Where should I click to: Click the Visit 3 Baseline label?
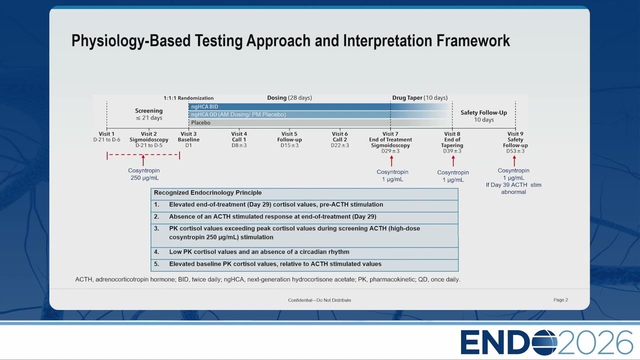click(x=188, y=139)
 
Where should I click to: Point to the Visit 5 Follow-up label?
click(x=289, y=139)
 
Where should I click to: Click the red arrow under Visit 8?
click(x=453, y=161)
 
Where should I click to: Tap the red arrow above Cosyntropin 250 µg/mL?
click(x=143, y=160)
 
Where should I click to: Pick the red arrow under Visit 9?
click(x=514, y=161)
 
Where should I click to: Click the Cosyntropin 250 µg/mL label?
click(x=144, y=174)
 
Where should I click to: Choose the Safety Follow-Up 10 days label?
click(x=483, y=116)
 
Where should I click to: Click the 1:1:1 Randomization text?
click(x=188, y=98)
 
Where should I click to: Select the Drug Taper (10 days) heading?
click(x=419, y=97)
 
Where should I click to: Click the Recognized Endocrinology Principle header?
click(x=207, y=192)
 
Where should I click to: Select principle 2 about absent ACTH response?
click(x=265, y=216)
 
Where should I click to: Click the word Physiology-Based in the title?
click(x=131, y=40)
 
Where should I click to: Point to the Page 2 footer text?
click(x=560, y=300)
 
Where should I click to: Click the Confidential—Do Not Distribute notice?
click(x=319, y=300)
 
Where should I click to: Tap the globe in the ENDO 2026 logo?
click(x=544, y=342)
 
